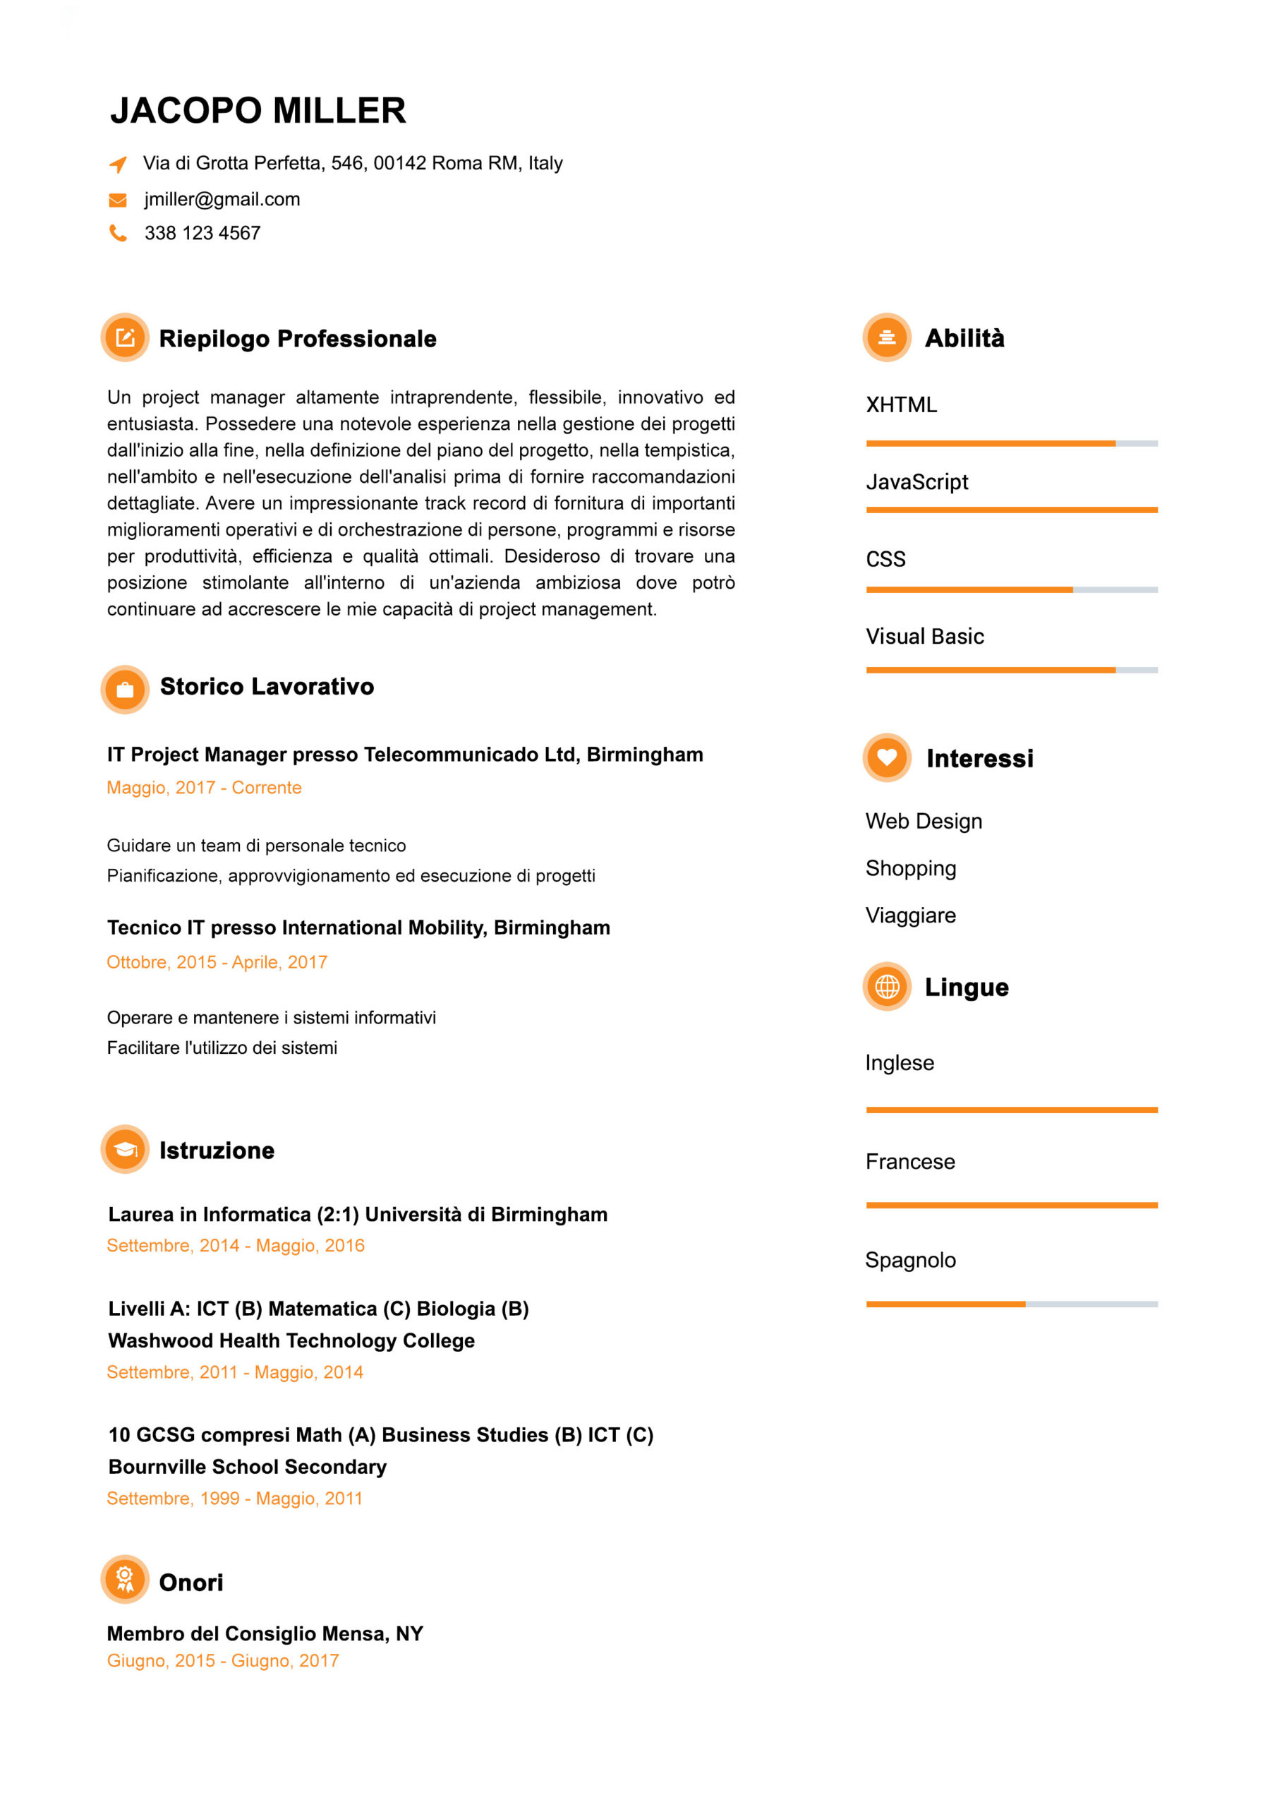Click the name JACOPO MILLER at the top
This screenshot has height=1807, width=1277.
pyautogui.click(x=258, y=110)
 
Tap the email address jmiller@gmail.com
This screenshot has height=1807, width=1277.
pyautogui.click(x=222, y=199)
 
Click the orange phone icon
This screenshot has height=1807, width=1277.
pyautogui.click(x=118, y=233)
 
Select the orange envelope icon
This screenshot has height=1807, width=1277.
pyautogui.click(x=118, y=200)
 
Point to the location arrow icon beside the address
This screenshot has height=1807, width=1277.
pyautogui.click(x=118, y=164)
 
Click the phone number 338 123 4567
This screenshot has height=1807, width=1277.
pyautogui.click(x=202, y=233)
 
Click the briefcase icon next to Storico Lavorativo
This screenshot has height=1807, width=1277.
pyautogui.click(x=125, y=690)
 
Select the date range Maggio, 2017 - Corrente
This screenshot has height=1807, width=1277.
pyautogui.click(x=204, y=788)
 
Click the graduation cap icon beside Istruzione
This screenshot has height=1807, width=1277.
pyautogui.click(x=125, y=1150)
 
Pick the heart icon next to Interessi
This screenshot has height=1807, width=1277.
pyautogui.click(x=887, y=757)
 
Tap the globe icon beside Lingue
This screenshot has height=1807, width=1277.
pyautogui.click(x=887, y=986)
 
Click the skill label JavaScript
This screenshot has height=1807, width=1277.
pyautogui.click(x=916, y=481)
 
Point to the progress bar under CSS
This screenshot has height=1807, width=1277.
pyautogui.click(x=1011, y=589)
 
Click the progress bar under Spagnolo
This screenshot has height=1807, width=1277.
pyautogui.click(x=1011, y=1304)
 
